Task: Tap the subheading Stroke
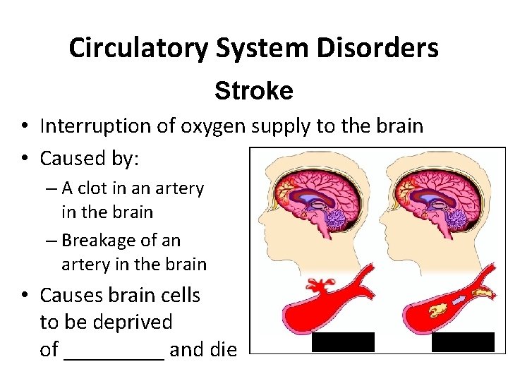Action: pyautogui.click(x=254, y=91)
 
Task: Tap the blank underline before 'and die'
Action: pyautogui.click(x=114, y=351)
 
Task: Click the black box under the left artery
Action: pyautogui.click(x=343, y=342)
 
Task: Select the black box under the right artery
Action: pyautogui.click(x=463, y=342)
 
